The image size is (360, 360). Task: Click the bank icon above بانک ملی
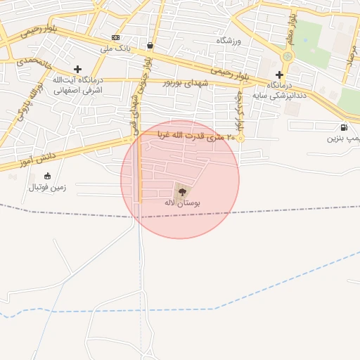pyautogui.click(x=115, y=37)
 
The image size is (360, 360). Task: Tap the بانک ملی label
pyautogui.click(x=116, y=48)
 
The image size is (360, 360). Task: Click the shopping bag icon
pyautogui.click(x=150, y=46)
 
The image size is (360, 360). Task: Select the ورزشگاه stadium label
pyautogui.click(x=229, y=41)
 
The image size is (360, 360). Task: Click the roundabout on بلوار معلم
pyautogui.click(x=287, y=57)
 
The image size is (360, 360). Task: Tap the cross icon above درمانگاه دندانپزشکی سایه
pyautogui.click(x=280, y=75)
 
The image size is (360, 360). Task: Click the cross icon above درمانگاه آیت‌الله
pyautogui.click(x=77, y=69)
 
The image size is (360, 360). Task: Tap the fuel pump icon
pyautogui.click(x=343, y=127)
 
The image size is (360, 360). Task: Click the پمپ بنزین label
pyautogui.click(x=344, y=139)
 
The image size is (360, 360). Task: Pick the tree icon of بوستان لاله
pyautogui.click(x=182, y=190)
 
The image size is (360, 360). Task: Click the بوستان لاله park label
pyautogui.click(x=182, y=202)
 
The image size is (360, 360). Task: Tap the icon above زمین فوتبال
pyautogui.click(x=47, y=176)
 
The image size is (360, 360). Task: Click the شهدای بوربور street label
pyautogui.click(x=177, y=82)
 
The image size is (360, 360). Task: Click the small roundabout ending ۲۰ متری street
pyautogui.click(x=240, y=139)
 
